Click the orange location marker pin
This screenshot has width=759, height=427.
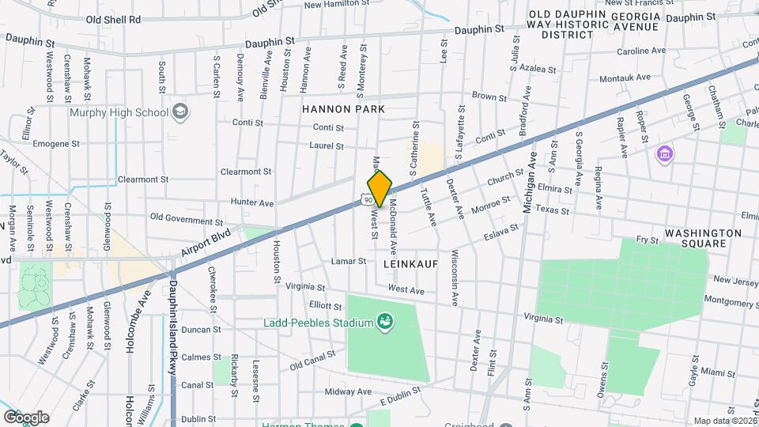380,188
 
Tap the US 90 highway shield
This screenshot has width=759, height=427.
368,201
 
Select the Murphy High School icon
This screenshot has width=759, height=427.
181,111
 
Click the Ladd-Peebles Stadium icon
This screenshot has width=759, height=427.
385,321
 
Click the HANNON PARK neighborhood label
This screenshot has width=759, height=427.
342,108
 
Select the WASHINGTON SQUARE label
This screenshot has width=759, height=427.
703,238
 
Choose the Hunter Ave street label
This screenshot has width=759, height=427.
251,202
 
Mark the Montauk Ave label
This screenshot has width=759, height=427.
625,77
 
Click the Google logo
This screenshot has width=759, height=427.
26,418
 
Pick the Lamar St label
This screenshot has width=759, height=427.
348,261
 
